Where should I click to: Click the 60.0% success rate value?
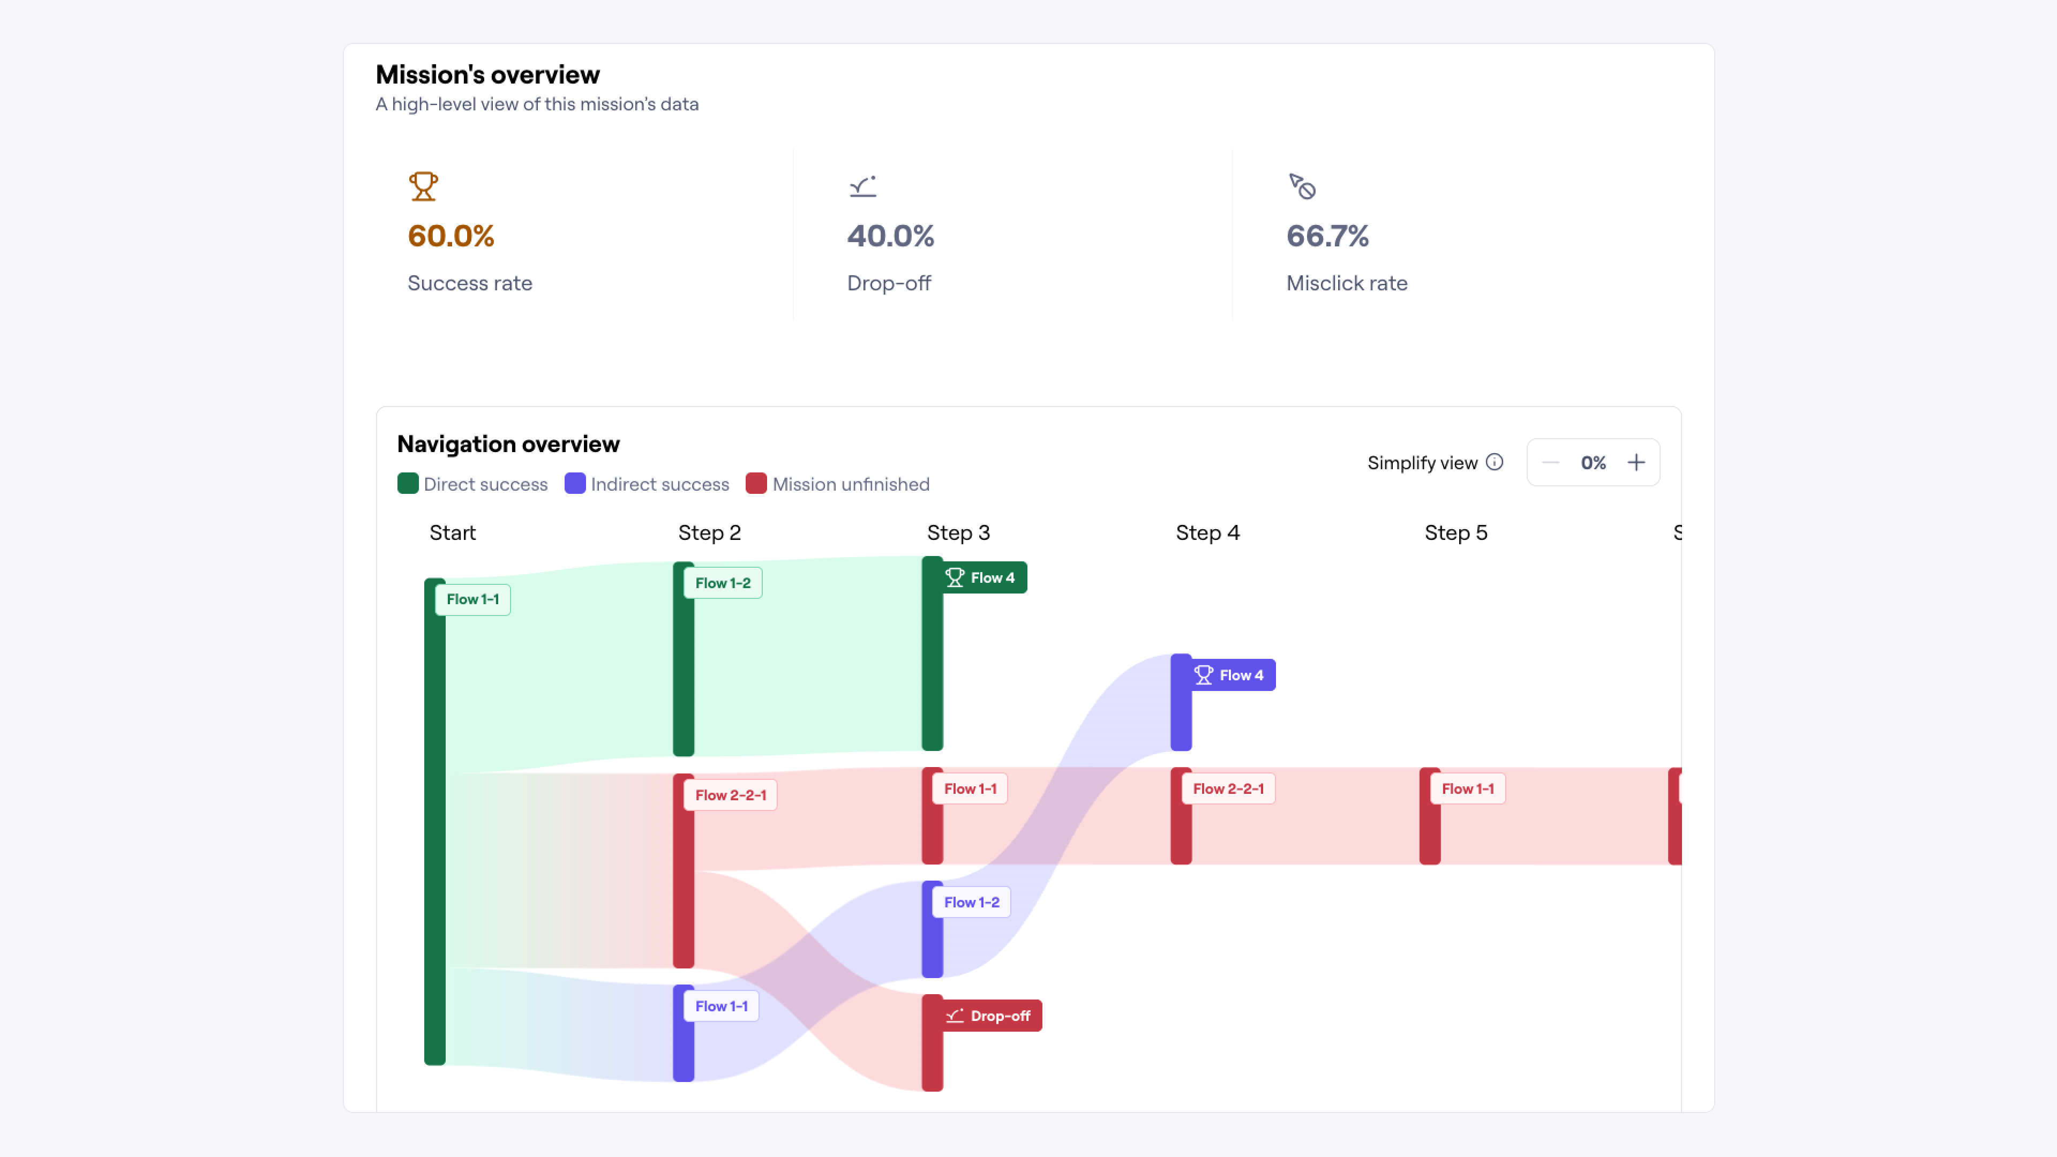tap(451, 236)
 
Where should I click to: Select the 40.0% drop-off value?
tap(890, 236)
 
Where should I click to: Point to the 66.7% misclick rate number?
tap(1327, 236)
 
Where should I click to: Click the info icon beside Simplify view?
tap(1494, 462)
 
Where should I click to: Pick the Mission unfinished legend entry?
tap(838, 484)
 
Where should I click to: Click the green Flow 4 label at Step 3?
tap(983, 577)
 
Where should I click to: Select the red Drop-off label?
tap(990, 1016)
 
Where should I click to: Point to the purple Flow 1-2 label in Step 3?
tap(971, 902)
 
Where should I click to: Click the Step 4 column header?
tap(1207, 532)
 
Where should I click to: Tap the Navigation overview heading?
tap(508, 444)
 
